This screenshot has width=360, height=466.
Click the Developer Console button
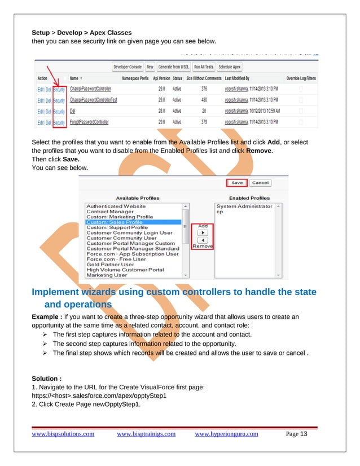[x=128, y=66]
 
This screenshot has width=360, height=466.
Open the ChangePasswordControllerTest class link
[x=93, y=100]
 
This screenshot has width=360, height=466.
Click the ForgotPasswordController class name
[x=89, y=122]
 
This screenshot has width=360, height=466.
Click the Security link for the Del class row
[x=59, y=111]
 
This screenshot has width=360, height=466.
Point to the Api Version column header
[x=161, y=78]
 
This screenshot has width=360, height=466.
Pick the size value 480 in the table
[x=204, y=100]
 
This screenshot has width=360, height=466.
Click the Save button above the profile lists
[x=237, y=183]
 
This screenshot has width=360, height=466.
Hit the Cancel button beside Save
[x=260, y=183]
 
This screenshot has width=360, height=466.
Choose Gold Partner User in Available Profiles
[x=110, y=264]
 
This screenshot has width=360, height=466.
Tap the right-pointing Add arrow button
[x=203, y=232]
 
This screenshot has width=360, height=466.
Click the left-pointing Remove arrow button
[x=203, y=240]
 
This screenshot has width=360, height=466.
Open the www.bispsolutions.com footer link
[x=63, y=434]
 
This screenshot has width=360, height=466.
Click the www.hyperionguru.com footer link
[x=226, y=434]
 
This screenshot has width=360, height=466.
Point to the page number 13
[x=304, y=434]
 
